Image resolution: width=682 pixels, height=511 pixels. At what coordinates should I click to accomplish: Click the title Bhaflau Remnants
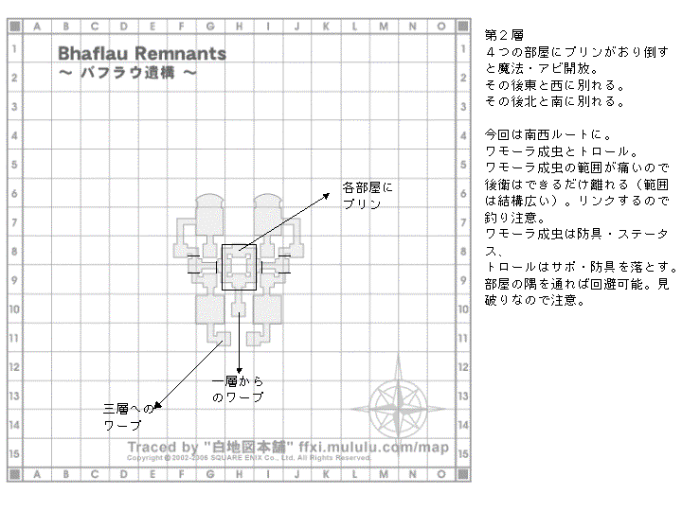pyautogui.click(x=142, y=53)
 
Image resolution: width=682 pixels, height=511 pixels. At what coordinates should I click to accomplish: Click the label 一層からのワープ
pyautogui.click(x=238, y=389)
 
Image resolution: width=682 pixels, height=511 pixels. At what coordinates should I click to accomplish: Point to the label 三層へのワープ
pyautogui.click(x=128, y=417)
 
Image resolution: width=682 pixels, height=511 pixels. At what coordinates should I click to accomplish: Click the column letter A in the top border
pyautogui.click(x=38, y=26)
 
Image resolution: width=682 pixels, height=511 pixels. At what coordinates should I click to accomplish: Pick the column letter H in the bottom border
pyautogui.click(x=241, y=472)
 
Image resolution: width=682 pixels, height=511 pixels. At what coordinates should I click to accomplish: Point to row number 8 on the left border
pyautogui.click(x=14, y=252)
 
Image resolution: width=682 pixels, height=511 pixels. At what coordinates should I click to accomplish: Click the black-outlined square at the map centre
pyautogui.click(x=240, y=266)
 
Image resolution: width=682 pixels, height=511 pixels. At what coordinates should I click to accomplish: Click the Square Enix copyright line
pyautogui.click(x=248, y=458)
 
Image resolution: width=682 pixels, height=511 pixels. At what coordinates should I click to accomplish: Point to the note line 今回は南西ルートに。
pyautogui.click(x=537, y=133)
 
